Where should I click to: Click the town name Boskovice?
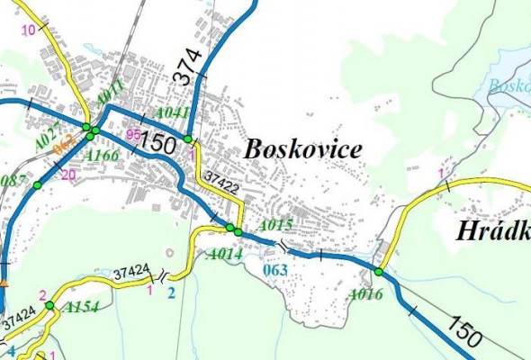301,150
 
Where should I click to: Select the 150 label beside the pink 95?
157,143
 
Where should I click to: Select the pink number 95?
133,134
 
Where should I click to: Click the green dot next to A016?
380,272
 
